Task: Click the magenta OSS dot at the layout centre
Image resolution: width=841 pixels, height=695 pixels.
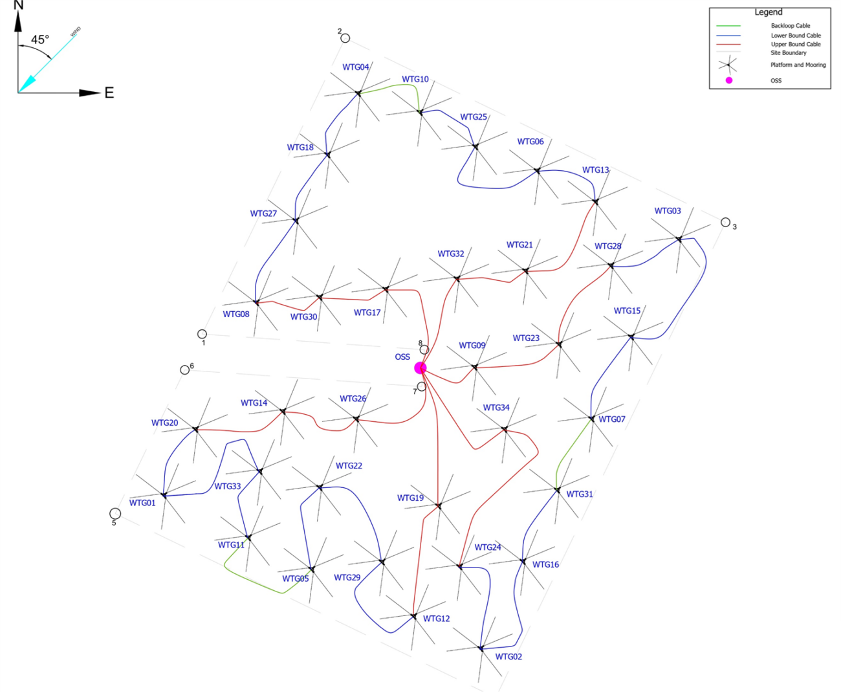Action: click(x=420, y=368)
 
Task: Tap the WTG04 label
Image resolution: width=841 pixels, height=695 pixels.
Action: click(x=356, y=67)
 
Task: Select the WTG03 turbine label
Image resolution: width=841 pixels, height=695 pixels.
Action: click(x=668, y=211)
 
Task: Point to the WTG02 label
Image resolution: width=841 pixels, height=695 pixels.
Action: click(x=508, y=657)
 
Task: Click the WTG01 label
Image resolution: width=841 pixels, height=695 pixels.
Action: click(x=142, y=503)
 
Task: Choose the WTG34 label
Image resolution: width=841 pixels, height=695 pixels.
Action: click(x=496, y=408)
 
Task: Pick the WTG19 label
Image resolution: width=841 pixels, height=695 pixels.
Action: click(x=410, y=498)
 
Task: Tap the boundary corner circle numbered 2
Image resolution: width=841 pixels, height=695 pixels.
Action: click(x=345, y=38)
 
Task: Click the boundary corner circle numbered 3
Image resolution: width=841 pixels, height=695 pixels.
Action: click(x=725, y=222)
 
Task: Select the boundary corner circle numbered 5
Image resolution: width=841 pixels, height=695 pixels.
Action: click(x=115, y=514)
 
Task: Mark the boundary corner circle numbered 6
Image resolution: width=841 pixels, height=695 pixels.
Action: click(x=184, y=370)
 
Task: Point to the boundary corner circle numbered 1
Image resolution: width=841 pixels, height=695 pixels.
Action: click(x=202, y=334)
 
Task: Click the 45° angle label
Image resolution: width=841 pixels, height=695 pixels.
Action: click(x=40, y=40)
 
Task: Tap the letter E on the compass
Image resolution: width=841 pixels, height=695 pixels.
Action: click(x=109, y=93)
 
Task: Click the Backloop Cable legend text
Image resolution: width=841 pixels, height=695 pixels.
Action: click(x=790, y=26)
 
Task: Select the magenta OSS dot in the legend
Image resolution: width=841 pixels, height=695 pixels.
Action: click(x=729, y=80)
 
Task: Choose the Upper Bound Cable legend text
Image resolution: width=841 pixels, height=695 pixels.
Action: click(x=796, y=44)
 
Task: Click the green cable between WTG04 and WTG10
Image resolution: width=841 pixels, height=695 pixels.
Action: click(x=388, y=87)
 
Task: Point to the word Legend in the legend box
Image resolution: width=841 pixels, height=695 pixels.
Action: click(x=769, y=12)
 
